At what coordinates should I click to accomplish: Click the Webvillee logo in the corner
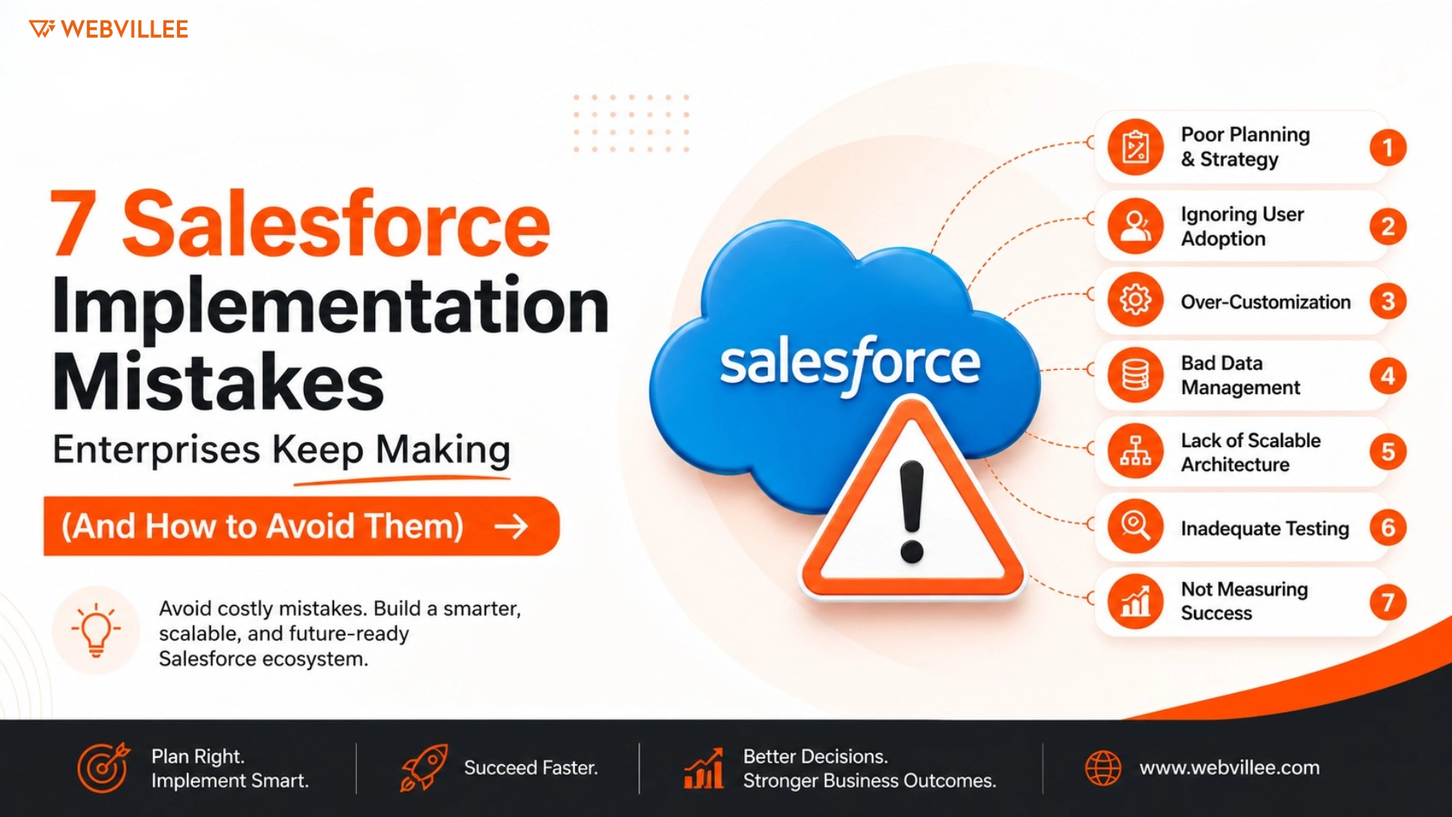click(x=108, y=29)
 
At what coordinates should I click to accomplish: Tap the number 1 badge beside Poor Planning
click(x=1388, y=148)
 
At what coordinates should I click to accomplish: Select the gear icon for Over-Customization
click(x=1135, y=300)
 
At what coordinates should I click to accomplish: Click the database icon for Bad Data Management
click(x=1135, y=375)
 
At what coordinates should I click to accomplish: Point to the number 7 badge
click(x=1388, y=602)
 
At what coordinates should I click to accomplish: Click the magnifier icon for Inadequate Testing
click(x=1135, y=526)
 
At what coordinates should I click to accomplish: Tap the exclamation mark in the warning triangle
click(x=912, y=512)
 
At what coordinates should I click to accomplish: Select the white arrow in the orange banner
click(x=511, y=527)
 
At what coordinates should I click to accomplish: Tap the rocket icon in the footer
click(x=423, y=768)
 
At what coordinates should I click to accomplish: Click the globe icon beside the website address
click(x=1103, y=768)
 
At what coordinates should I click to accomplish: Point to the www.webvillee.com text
click(x=1230, y=768)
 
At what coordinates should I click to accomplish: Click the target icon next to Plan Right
click(x=104, y=768)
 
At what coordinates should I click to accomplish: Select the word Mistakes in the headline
click(x=218, y=382)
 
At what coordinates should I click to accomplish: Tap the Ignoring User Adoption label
click(x=1243, y=226)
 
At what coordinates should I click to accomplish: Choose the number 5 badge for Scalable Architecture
click(x=1388, y=452)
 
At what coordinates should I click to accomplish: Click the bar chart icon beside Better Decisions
click(x=703, y=769)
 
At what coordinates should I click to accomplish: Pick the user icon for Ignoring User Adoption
click(x=1135, y=225)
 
